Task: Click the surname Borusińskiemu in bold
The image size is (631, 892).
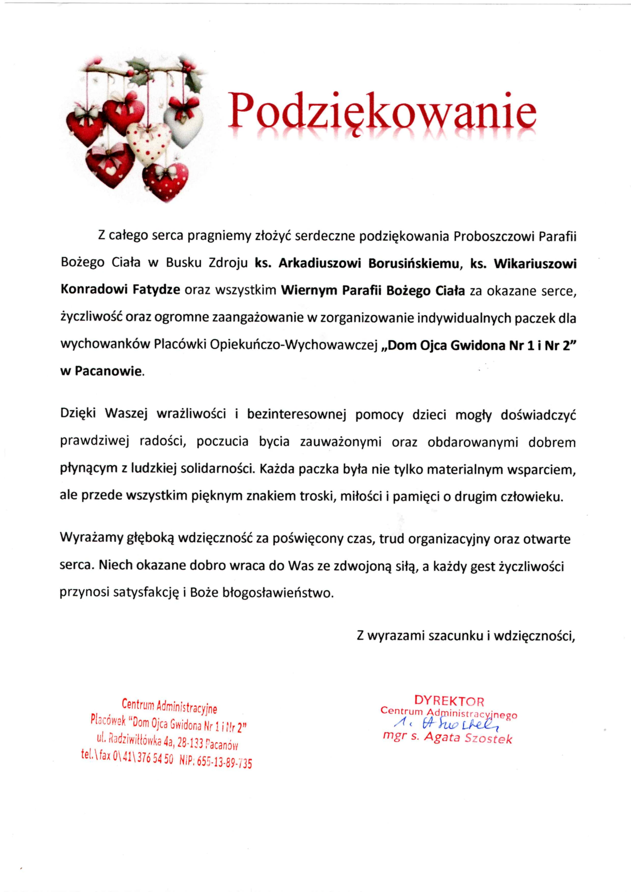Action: pos(414,264)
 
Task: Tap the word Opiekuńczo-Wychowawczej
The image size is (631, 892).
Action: pos(294,345)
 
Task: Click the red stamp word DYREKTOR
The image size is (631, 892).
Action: pos(449,701)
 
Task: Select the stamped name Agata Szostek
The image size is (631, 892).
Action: pos(468,737)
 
